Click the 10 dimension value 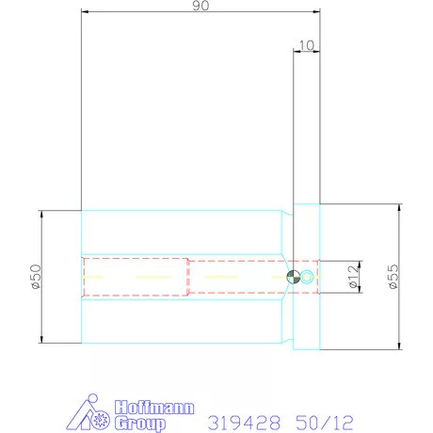(305, 44)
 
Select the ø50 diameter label (35, 277)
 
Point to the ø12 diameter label (351, 277)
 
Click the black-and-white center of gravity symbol (294, 277)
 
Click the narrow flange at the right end (307, 276)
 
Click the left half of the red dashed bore (136, 277)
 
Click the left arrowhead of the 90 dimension (85, 14)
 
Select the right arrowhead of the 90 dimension (317, 14)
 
